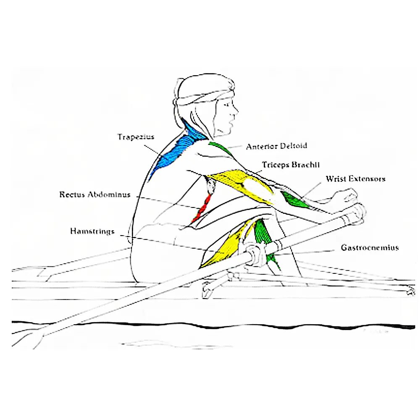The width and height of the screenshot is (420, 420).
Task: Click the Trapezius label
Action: [x=136, y=137]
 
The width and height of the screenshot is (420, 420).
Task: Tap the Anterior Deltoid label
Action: [x=276, y=146]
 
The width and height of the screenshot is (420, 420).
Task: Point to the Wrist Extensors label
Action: [x=355, y=179]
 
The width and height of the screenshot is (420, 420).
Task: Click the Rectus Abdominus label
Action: [x=94, y=195]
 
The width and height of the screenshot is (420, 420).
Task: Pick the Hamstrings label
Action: [x=92, y=231]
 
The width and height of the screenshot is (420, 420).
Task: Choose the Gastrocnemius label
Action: [x=370, y=248]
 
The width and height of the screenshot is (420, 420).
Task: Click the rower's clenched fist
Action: [x=344, y=197]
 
